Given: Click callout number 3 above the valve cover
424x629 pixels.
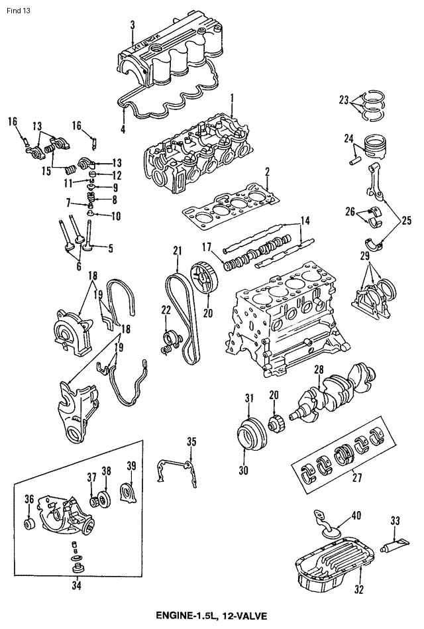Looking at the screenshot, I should pos(132,25).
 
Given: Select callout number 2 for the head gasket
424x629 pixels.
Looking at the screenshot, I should pos(266,171).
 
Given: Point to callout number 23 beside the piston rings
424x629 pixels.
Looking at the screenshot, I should pos(344,100).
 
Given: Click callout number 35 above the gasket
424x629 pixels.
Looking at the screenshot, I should pos(191,441).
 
